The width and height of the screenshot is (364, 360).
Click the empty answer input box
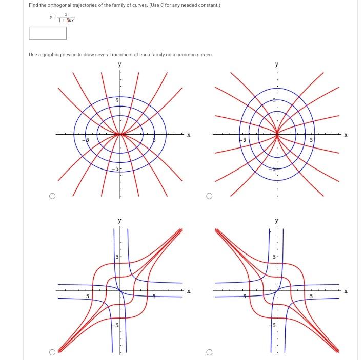(x=48, y=33)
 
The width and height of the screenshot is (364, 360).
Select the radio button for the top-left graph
(x=52, y=196)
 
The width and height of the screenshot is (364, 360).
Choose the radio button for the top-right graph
(x=209, y=196)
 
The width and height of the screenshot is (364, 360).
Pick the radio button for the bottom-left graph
(x=52, y=352)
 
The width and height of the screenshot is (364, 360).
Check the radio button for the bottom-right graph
(x=209, y=352)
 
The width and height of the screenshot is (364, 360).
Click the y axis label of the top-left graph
(x=120, y=65)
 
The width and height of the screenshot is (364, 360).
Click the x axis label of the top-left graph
(x=189, y=135)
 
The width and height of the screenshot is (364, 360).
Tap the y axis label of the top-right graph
(x=277, y=65)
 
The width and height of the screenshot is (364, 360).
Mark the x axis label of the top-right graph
(x=346, y=135)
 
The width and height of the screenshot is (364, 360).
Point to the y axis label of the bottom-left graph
(x=120, y=221)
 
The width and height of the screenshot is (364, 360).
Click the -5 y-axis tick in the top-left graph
(x=116, y=169)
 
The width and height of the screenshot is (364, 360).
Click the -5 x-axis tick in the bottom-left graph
(x=87, y=295)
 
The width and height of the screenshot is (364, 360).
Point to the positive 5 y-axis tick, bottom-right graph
(x=274, y=256)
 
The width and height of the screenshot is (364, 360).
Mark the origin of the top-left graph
(x=120, y=135)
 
